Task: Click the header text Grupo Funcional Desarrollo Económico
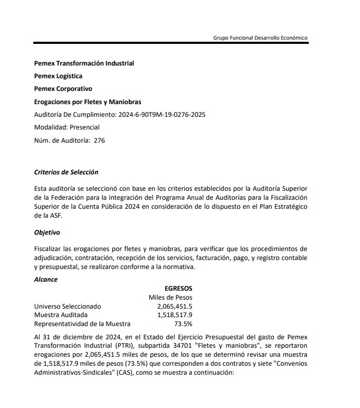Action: point(260,38)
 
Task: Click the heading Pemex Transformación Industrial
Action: point(84,63)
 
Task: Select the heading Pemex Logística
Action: point(58,76)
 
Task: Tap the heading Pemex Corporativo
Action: point(63,89)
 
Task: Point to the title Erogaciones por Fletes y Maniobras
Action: point(87,101)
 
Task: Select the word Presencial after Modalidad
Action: point(84,127)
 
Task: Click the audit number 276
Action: point(99,140)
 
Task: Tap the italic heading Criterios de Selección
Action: point(66,172)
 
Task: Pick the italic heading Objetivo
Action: point(47,232)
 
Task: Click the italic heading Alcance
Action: point(46,279)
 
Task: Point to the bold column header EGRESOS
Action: point(178,289)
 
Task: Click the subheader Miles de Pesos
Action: point(170,298)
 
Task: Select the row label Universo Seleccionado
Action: point(68,307)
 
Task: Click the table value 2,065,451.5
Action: point(174,307)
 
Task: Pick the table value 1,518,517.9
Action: point(174,315)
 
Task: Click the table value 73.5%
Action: point(183,324)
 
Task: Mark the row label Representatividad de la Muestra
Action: point(82,324)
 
